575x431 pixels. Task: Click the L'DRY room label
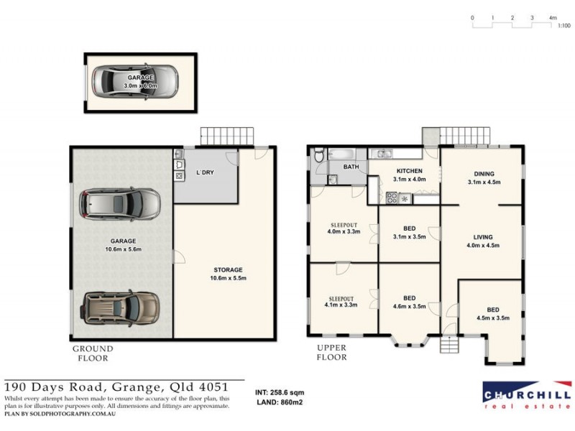[206, 172]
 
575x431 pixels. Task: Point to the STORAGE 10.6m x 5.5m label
[226, 274]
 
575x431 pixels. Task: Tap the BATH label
[351, 167]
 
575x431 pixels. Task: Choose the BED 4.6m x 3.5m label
[409, 302]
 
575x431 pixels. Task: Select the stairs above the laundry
[228, 134]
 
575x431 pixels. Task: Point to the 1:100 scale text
[564, 27]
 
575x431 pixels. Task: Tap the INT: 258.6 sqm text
[280, 393]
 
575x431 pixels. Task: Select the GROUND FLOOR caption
[93, 353]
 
